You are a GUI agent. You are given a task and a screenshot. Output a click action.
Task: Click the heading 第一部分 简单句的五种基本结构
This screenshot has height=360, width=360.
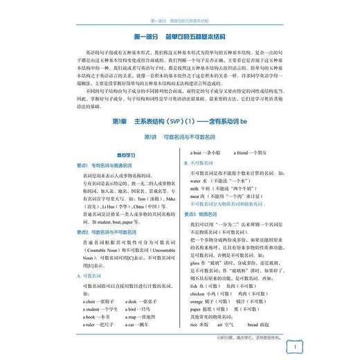point(179,35)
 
